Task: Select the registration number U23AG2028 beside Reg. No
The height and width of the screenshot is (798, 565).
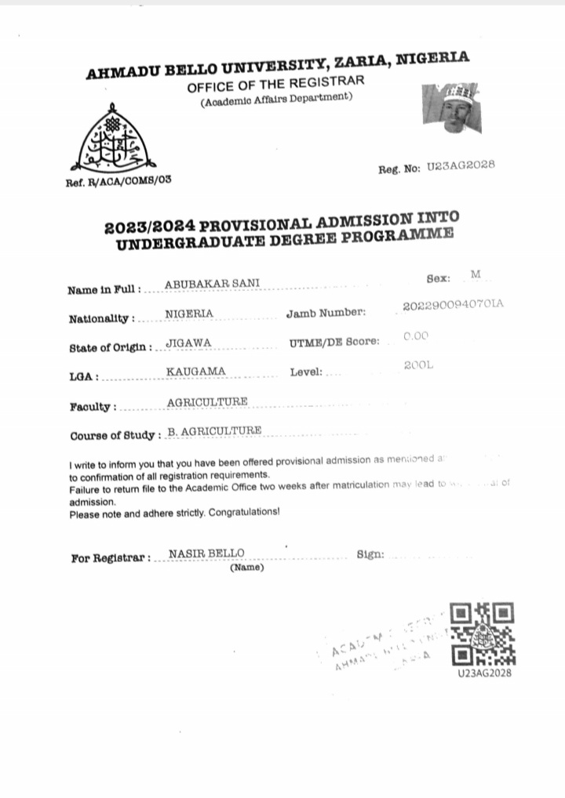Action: [461, 166]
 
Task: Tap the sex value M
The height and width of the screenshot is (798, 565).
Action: [476, 274]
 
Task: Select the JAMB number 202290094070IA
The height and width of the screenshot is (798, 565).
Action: [453, 305]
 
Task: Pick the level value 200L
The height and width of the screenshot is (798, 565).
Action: [418, 365]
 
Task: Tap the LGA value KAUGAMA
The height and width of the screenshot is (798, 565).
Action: [196, 371]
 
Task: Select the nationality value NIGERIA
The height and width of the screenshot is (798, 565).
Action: [189, 314]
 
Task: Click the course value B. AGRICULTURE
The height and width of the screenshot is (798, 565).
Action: [215, 431]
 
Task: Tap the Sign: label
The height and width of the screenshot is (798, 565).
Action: [370, 554]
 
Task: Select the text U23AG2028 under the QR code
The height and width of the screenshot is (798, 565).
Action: [485, 673]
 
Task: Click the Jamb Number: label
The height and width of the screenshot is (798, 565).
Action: [326, 314]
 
